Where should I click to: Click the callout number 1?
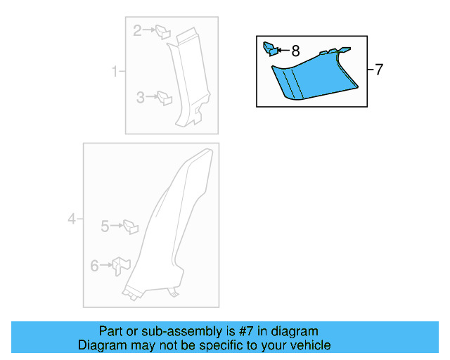tap(115, 71)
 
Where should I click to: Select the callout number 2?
tap(138, 30)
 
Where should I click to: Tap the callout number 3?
tap(141, 97)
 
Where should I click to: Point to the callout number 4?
tap(72, 219)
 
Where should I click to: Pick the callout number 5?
tap(105, 226)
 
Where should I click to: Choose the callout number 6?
tap(95, 266)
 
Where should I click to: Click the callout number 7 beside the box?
tap(379, 70)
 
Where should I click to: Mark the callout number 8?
tap(295, 51)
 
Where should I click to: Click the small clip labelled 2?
tap(163, 32)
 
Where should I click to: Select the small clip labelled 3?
tap(165, 98)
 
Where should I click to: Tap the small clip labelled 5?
tap(131, 227)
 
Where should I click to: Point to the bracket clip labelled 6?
tap(121, 266)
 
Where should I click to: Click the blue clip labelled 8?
tap(271, 49)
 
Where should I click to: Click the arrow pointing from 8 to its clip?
tap(284, 51)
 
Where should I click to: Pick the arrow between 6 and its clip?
tap(106, 265)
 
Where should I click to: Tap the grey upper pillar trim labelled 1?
tap(189, 77)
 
